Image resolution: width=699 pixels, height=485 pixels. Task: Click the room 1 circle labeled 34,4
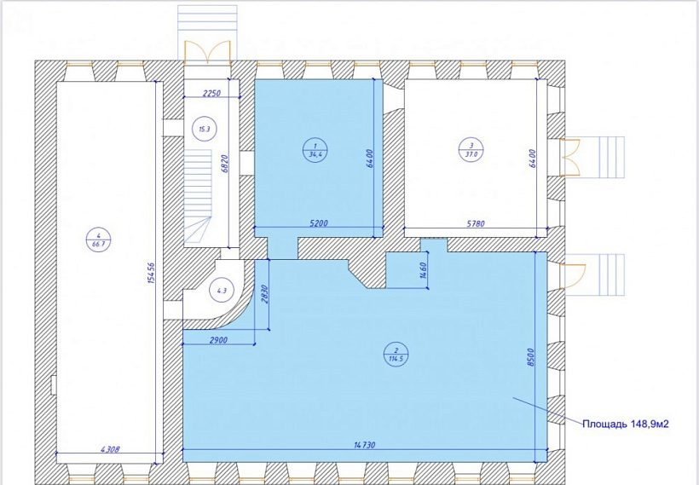coord(315,150)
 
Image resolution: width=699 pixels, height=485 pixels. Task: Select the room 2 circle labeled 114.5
coord(396,354)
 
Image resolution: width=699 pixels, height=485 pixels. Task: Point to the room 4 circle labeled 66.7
coord(98,240)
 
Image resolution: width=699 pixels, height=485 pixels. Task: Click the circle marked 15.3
coord(205,130)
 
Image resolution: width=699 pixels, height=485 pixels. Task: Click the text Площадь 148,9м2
coord(626,424)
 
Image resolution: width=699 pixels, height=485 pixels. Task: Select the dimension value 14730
coord(364,444)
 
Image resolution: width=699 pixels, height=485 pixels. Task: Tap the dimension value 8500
coord(530,357)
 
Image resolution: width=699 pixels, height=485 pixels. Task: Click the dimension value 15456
coord(151,273)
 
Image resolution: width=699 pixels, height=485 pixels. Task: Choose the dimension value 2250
coord(212,93)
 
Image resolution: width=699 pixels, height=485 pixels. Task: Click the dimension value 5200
coord(318,222)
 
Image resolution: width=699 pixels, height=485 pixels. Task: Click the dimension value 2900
coord(217,340)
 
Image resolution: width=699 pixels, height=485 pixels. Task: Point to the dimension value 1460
coord(424,270)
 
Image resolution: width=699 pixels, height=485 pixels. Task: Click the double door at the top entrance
coord(208,51)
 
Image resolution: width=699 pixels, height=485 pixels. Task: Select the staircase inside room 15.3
coord(198,198)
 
